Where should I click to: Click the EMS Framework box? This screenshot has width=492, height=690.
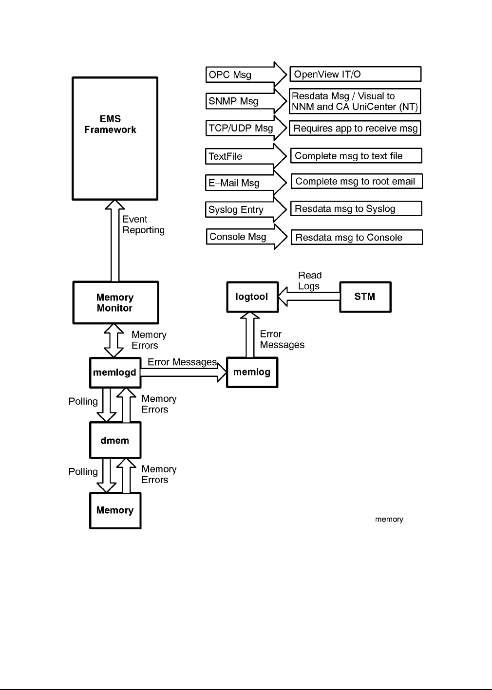[x=115, y=138]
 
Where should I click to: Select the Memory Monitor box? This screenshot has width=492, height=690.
[x=115, y=302]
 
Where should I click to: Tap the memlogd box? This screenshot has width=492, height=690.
[x=115, y=373]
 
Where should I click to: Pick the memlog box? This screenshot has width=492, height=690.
[x=252, y=373]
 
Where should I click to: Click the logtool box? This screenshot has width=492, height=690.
[x=252, y=297]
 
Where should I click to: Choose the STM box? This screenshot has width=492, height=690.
[x=365, y=297]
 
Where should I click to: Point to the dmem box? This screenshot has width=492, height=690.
[x=115, y=440]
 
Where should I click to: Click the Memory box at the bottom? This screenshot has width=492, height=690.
[x=115, y=510]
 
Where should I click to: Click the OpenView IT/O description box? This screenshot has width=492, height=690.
[x=355, y=74]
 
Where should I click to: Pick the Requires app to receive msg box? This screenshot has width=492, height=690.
[x=355, y=129]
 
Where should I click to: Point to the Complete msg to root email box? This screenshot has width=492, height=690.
[x=356, y=182]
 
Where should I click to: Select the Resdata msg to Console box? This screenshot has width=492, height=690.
[x=356, y=238]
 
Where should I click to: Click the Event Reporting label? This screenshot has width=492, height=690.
[x=143, y=224]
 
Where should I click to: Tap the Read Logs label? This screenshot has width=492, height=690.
[x=310, y=281]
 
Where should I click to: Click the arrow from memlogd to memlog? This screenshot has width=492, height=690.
[x=183, y=373]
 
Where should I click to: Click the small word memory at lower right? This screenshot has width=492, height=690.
[x=389, y=520]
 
